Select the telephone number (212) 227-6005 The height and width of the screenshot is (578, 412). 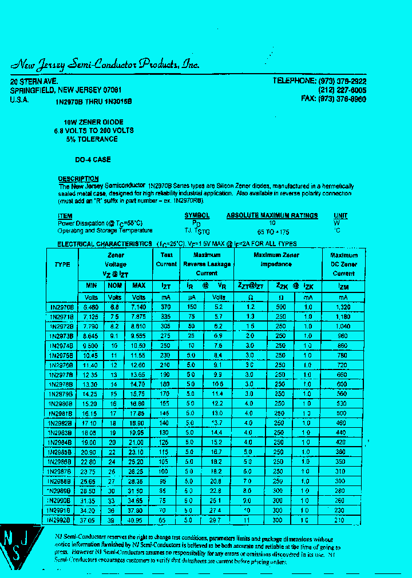pyautogui.click(x=342, y=90)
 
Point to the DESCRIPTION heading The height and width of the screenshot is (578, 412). pyautogui.click(x=78, y=179)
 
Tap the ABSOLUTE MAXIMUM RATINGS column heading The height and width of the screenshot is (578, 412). pyautogui.click(x=272, y=215)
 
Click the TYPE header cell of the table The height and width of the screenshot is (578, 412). pyautogui.click(x=62, y=264)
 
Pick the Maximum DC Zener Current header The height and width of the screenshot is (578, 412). pyautogui.click(x=343, y=264)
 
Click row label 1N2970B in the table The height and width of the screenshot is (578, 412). pyautogui.click(x=62, y=307)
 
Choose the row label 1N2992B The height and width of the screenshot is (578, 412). pyautogui.click(x=60, y=520)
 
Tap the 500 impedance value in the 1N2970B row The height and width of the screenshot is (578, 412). pyautogui.click(x=280, y=307)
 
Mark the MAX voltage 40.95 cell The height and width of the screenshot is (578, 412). pyautogui.click(x=139, y=520)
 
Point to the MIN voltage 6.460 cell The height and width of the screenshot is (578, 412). pyautogui.click(x=91, y=307)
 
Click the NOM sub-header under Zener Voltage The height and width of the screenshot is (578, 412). pyautogui.click(x=115, y=286)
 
